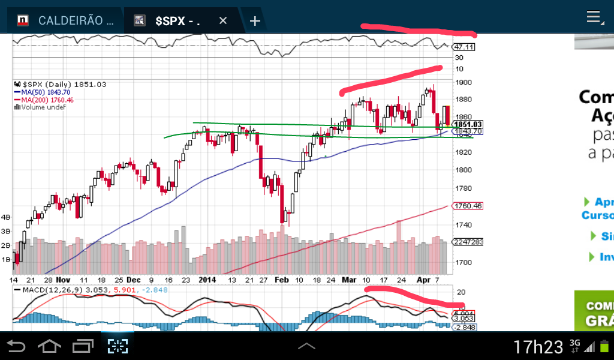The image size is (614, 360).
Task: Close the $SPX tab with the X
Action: pos(223,20)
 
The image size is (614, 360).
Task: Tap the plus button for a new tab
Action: pos(255,21)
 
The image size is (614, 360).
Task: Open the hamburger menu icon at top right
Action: pos(594,17)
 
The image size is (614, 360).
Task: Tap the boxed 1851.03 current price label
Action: pos(468,124)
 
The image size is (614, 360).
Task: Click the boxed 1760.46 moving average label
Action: pos(468,206)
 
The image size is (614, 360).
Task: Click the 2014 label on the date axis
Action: pos(207,280)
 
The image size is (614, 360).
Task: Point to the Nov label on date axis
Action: pos(63,280)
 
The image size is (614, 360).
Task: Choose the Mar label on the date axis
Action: pos(348,280)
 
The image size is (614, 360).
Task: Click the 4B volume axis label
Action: pos(7,217)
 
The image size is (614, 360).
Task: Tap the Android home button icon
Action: pos(49,346)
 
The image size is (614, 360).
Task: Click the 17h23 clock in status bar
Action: pos(538,347)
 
